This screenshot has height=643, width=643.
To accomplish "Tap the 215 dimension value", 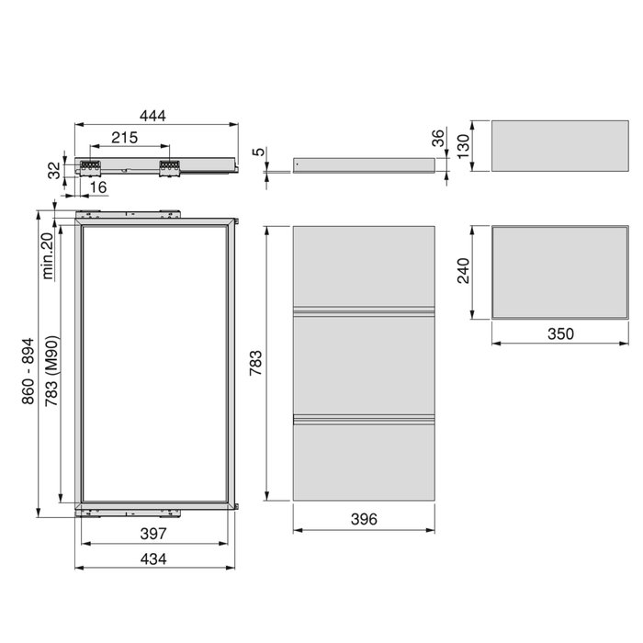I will click(125, 138).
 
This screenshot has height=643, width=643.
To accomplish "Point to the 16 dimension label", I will click(99, 187).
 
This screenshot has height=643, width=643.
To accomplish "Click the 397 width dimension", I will click(152, 534).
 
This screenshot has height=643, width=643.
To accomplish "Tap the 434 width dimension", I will click(152, 560).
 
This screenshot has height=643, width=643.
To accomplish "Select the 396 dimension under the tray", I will click(364, 520).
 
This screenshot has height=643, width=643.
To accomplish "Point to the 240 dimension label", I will click(464, 270).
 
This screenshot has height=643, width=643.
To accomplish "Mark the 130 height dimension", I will click(464, 144).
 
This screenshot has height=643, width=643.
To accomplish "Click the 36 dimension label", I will click(438, 139).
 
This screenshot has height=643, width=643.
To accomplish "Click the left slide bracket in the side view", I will click(90, 167).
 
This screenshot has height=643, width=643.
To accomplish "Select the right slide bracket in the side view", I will click(169, 167).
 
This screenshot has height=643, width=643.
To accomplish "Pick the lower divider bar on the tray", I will click(364, 420).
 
